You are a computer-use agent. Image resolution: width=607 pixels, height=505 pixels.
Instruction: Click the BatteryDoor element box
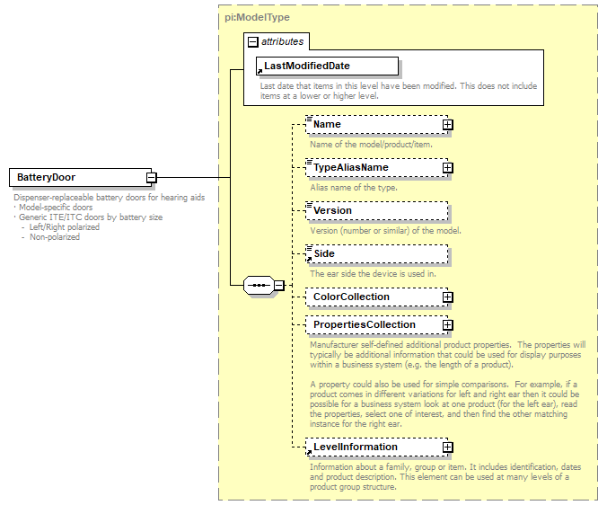click(x=77, y=178)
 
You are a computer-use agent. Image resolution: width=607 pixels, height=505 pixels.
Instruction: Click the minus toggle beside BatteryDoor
click(x=152, y=178)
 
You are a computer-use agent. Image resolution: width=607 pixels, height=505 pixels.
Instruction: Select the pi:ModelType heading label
click(x=258, y=17)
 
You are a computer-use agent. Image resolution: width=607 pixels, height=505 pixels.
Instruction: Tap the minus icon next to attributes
click(x=253, y=41)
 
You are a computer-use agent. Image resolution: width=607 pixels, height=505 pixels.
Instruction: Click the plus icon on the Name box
click(x=447, y=125)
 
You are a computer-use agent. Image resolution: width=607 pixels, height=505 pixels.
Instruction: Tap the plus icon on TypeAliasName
click(x=447, y=168)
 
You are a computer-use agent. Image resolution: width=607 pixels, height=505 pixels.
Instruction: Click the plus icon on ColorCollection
click(x=447, y=297)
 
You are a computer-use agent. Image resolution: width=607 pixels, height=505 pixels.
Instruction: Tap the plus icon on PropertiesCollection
click(x=447, y=325)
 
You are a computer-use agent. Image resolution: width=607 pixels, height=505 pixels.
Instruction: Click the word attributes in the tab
click(x=283, y=41)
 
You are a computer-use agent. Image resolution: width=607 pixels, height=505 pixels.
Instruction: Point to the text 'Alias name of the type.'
click(x=354, y=187)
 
